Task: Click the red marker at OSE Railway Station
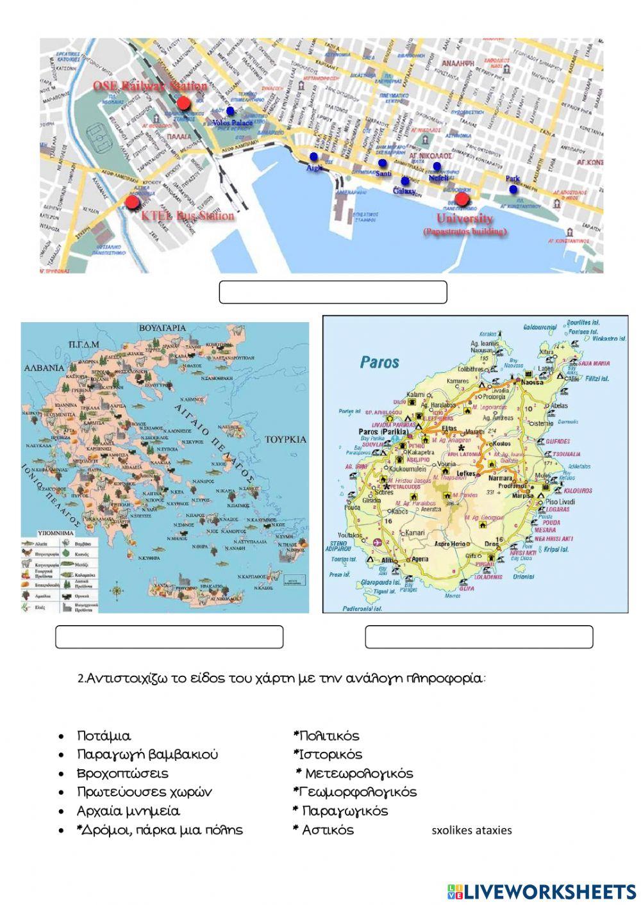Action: pos(184,102)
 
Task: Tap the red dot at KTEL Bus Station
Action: pos(132,203)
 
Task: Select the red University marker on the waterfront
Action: pos(462,199)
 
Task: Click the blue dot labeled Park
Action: pos(513,190)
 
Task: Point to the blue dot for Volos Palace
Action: pos(231,110)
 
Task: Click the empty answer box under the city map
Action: pos(333,291)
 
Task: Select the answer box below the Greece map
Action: pos(169,637)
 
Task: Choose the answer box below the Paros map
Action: pos(479,637)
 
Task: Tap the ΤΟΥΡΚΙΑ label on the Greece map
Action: pos(285,439)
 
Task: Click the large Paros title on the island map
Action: pos(379,362)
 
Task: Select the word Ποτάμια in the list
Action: pos(103,737)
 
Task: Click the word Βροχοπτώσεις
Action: pos(122,774)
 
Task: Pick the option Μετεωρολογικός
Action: pos(359,774)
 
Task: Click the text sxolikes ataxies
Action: pos(472,831)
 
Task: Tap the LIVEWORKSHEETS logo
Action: pos(542,891)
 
